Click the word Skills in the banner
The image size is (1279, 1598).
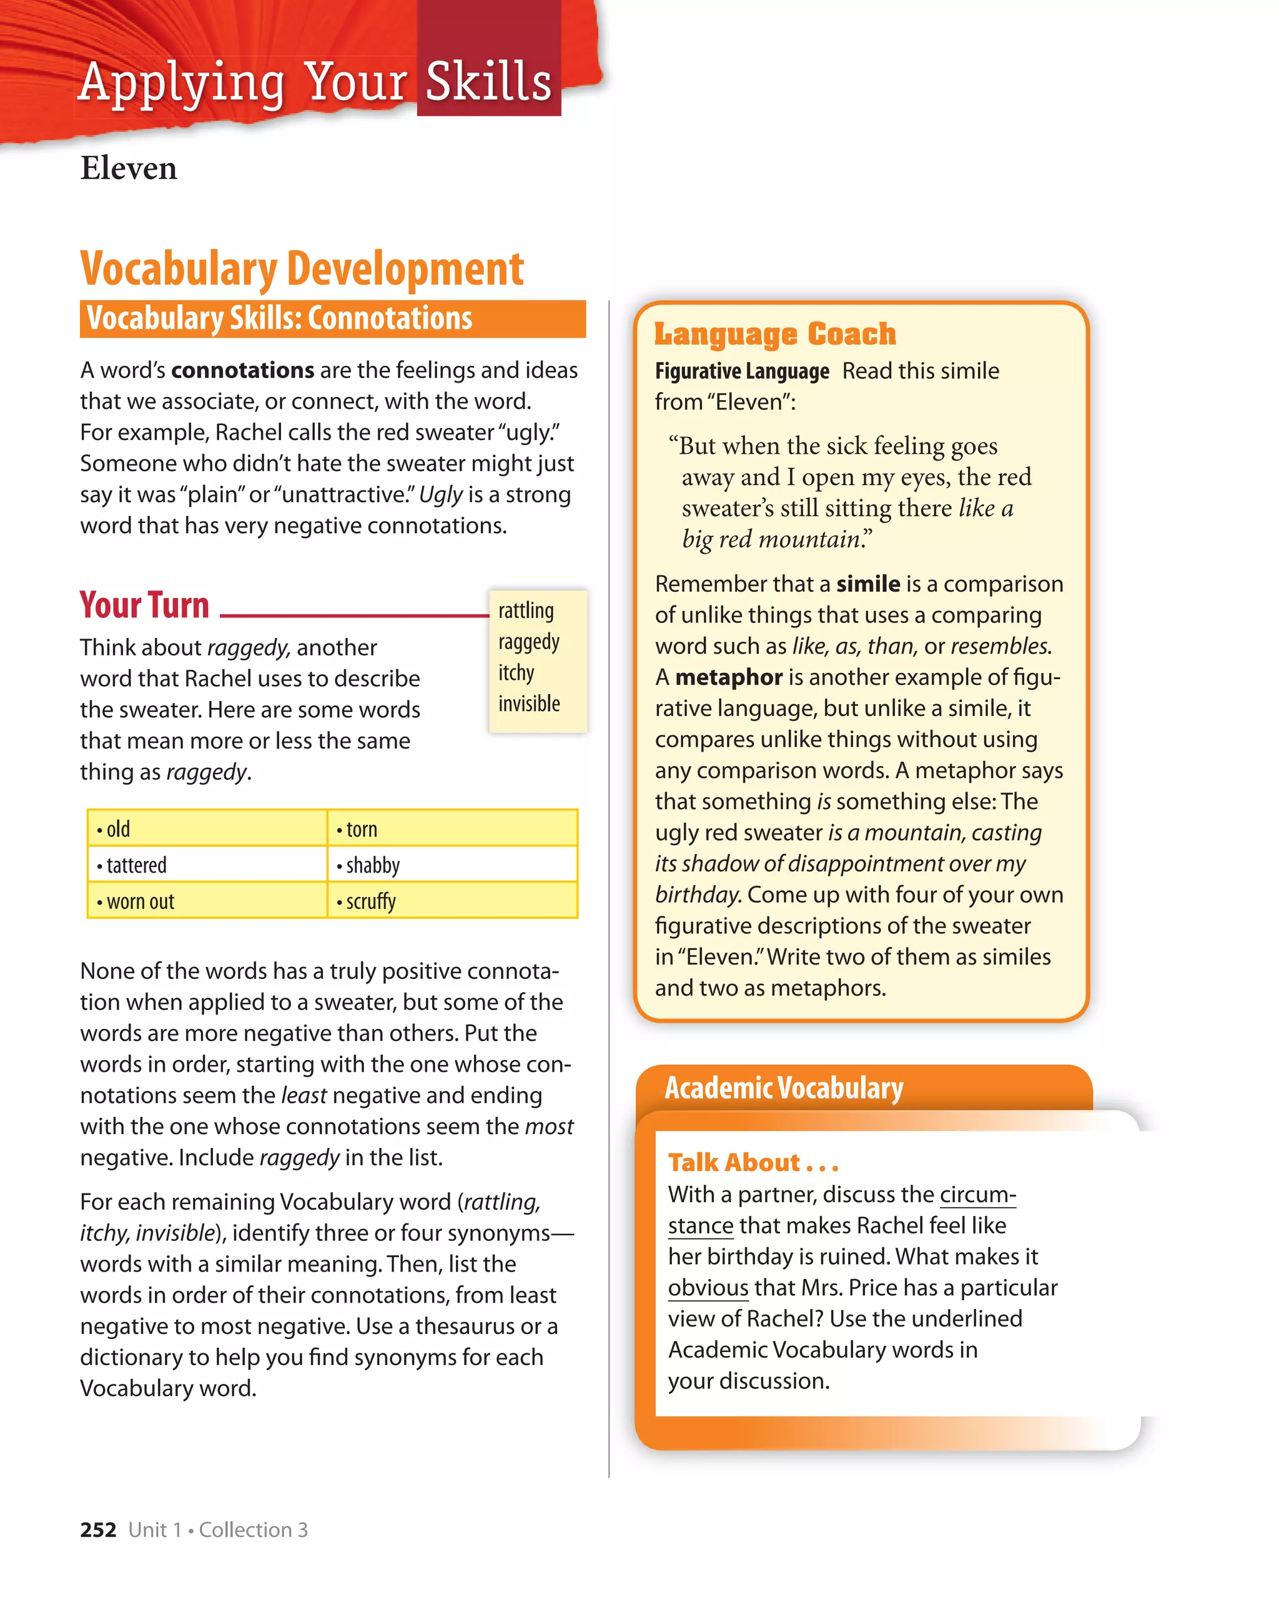[488, 82]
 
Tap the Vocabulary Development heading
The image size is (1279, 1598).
[302, 268]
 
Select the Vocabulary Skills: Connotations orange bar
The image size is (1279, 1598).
[332, 319]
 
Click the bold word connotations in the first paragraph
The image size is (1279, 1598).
[242, 370]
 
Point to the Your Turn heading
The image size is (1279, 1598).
[145, 605]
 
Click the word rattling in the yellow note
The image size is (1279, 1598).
[526, 610]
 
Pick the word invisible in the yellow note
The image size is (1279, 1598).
[529, 703]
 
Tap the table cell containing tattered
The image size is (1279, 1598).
[207, 865]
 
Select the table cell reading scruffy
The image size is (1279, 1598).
[452, 901]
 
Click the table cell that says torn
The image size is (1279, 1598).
[452, 828]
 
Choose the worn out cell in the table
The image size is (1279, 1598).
[207, 901]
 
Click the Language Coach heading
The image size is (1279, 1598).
[775, 335]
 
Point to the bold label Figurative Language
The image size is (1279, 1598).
[741, 371]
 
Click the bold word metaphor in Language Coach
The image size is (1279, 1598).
[728, 677]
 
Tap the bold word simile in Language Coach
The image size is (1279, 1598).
[867, 584]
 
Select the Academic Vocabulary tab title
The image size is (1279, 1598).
[784, 1088]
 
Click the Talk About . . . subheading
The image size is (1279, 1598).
[753, 1162]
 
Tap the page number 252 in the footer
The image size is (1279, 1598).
[98, 1530]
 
